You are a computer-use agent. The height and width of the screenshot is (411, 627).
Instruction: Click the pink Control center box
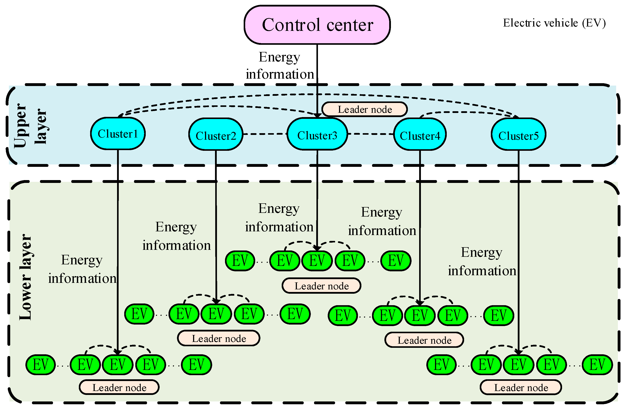[317, 25]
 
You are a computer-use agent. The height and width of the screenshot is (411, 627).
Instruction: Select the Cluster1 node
[118, 134]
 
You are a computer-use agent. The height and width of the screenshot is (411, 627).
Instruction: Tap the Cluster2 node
[216, 134]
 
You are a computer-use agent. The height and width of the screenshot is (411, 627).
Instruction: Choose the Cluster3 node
[317, 134]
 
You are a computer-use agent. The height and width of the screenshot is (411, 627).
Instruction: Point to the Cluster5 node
[518, 134]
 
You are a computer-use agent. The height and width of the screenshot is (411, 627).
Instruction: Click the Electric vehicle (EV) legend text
[554, 23]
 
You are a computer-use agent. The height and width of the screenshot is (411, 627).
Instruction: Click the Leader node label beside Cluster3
[364, 109]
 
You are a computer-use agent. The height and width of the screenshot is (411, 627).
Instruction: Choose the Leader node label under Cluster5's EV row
[521, 387]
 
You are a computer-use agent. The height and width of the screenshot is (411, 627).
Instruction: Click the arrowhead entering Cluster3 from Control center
[317, 115]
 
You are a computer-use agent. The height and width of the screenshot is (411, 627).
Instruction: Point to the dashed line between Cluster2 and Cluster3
[265, 134]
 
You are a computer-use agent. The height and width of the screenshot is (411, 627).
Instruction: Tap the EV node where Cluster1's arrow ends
[117, 365]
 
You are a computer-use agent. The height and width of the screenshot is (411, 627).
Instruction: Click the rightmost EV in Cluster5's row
[597, 365]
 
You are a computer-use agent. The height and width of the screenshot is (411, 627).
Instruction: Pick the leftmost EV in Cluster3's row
[240, 261]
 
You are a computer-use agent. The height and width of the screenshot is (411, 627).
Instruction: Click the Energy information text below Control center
[280, 66]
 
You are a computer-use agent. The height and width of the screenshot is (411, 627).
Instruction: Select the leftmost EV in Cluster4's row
[342, 315]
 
